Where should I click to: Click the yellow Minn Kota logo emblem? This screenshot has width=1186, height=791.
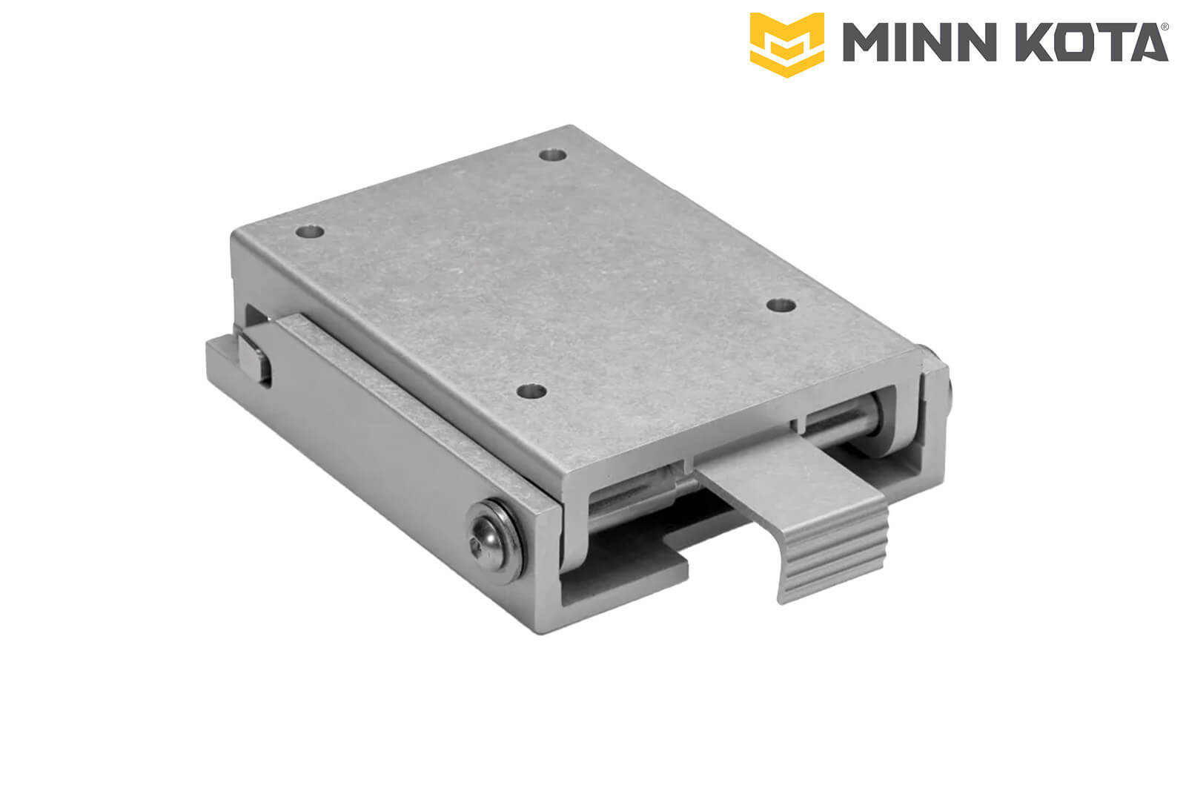(x=786, y=44)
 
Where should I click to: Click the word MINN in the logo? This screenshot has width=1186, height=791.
(x=919, y=42)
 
